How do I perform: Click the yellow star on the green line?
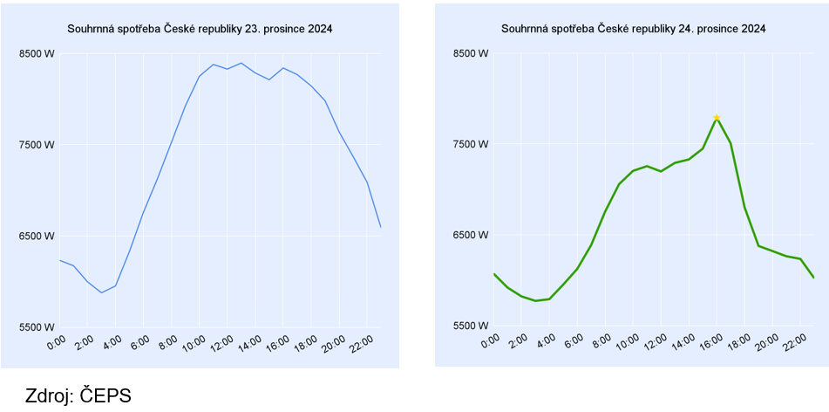coord(717,117)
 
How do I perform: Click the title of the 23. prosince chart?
coord(200,29)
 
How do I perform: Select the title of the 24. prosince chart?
coord(634,29)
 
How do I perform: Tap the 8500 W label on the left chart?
coord(37,53)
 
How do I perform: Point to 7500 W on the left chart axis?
coord(37,145)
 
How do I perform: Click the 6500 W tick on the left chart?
coord(37,236)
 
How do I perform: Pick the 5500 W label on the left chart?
coord(37,327)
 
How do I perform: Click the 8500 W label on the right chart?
coord(471,53)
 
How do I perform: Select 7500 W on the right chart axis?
coord(471,144)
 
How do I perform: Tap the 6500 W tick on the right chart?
coord(471,235)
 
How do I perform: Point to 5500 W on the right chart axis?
coord(471,326)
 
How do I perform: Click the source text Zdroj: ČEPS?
coord(79,395)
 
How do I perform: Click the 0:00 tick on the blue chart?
coord(56,344)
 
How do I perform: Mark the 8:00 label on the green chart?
coord(601,344)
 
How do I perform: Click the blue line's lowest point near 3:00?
coord(101,292)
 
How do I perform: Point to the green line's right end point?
coord(813,278)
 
